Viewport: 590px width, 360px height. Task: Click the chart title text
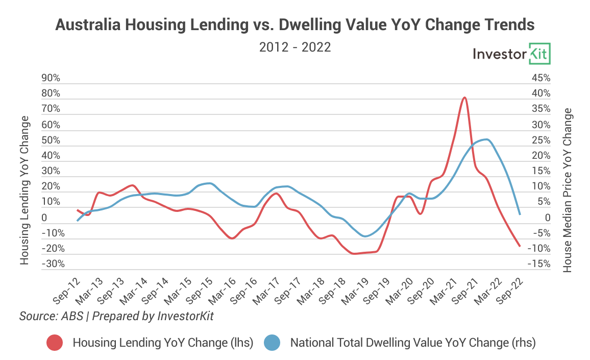(295, 25)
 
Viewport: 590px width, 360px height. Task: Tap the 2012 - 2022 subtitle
(295, 47)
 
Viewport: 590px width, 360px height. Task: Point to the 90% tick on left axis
(51, 78)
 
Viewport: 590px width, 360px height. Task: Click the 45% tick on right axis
(541, 78)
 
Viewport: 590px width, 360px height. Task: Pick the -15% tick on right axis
(540, 264)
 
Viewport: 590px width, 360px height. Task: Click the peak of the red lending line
(464, 98)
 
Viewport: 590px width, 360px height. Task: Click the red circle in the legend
(54, 343)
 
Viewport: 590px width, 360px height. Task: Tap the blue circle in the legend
(272, 343)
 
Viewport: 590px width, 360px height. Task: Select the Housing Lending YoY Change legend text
(163, 343)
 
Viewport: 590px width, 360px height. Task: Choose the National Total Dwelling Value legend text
(412, 343)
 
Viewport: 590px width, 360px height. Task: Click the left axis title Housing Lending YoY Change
(24, 190)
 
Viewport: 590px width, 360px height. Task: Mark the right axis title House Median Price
(568, 190)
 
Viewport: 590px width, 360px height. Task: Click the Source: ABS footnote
(116, 317)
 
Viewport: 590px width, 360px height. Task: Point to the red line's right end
(520, 246)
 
